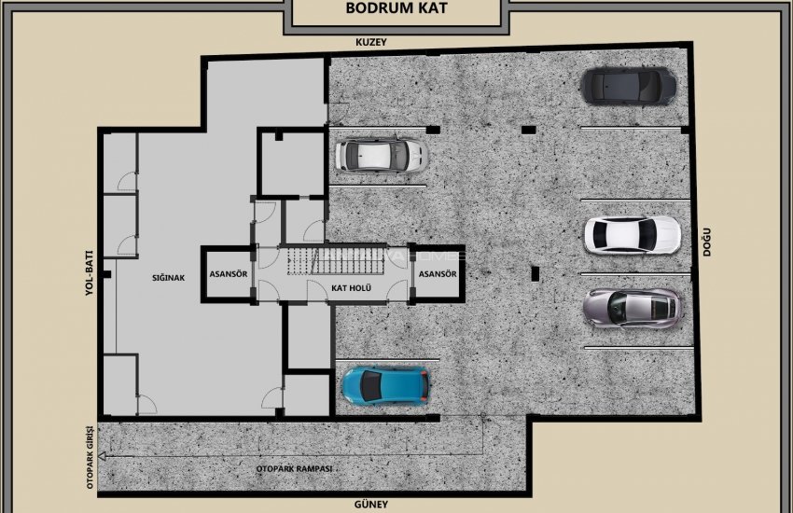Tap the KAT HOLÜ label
coord(352,288)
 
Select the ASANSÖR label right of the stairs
coord(437,274)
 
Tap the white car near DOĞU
coord(632,235)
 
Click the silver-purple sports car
coord(632,308)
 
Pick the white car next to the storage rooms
coord(381,154)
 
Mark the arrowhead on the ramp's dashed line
coord(103,456)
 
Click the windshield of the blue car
coord(402,384)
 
